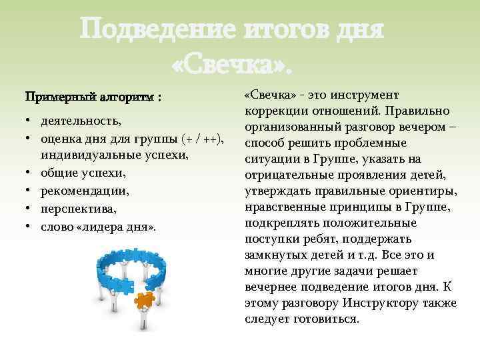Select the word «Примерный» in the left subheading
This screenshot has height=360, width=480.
coord(60,97)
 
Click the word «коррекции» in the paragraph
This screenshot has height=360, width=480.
coord(275,111)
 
